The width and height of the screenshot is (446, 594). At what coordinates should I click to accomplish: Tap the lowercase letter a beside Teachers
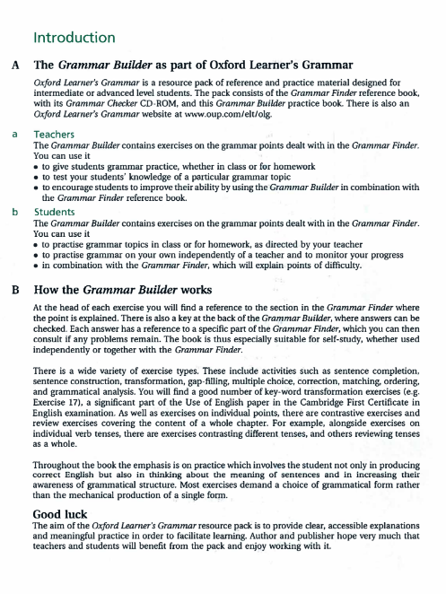14,132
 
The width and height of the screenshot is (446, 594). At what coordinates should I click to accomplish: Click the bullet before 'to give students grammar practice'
35,167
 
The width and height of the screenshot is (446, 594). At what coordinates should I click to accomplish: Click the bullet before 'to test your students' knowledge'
35,177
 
